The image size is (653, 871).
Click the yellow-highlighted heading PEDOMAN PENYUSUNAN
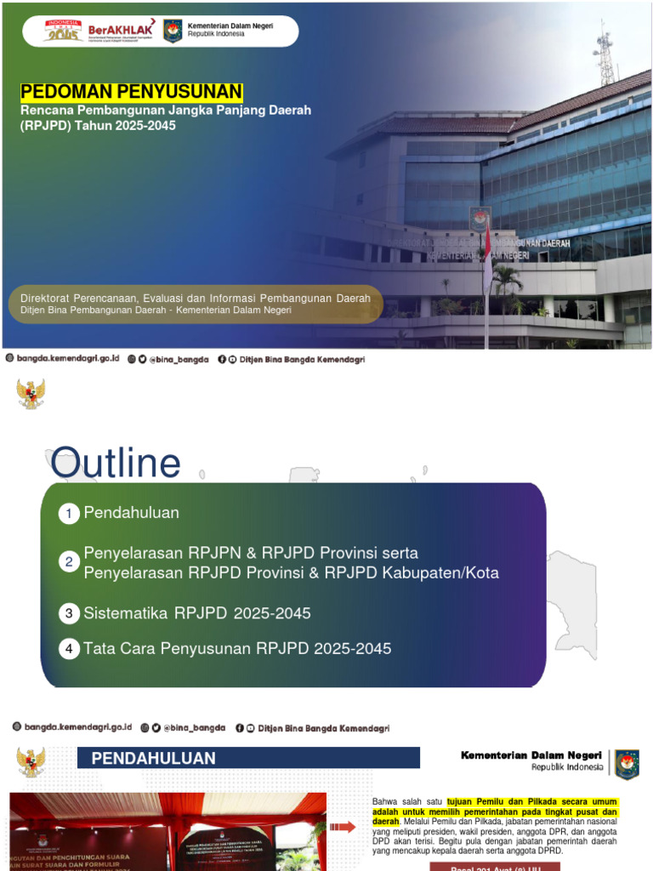tap(132, 92)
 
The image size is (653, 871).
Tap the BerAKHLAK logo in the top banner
tap(121, 31)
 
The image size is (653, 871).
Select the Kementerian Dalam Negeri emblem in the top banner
tap(173, 31)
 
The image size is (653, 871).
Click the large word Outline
tap(116, 464)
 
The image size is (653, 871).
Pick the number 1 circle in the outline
tap(69, 514)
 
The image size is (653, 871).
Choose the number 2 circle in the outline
tap(69, 562)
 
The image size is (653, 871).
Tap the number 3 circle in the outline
tap(69, 613)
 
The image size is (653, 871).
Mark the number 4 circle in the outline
tap(69, 649)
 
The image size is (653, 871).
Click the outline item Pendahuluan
tap(131, 513)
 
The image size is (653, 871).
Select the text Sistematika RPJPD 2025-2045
tap(197, 613)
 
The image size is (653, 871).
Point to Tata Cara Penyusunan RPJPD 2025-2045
tap(237, 649)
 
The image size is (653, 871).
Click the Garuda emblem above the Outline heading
tap(31, 394)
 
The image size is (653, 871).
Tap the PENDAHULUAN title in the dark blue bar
tap(154, 758)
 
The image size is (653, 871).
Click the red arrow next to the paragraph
tap(343, 827)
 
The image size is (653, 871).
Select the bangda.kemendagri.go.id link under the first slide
tap(67, 360)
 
